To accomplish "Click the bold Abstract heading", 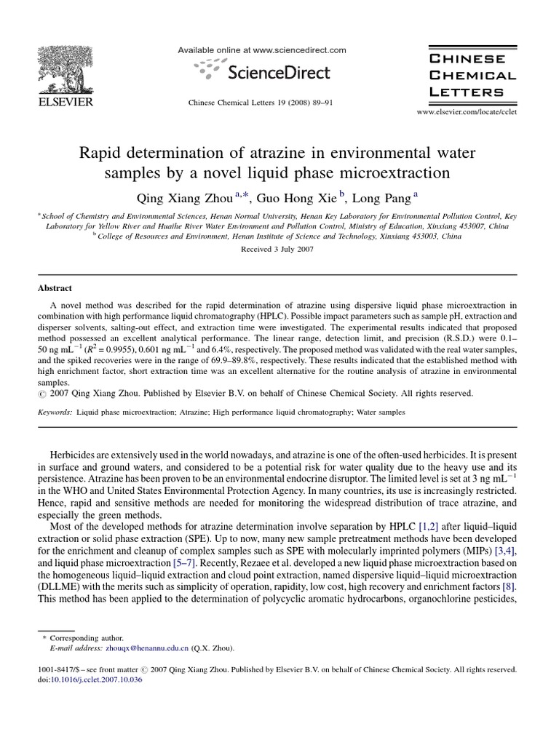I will point(54,288).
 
